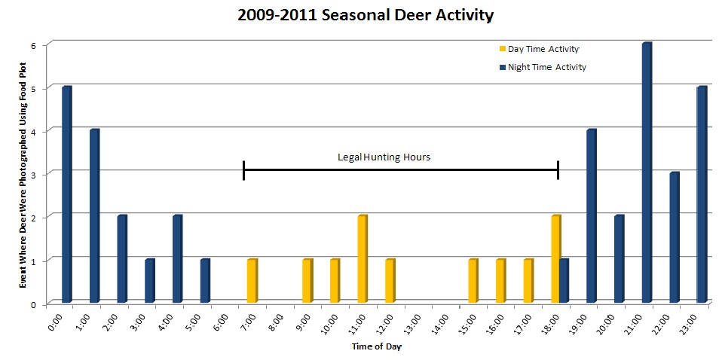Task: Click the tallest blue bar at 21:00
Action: (x=646, y=173)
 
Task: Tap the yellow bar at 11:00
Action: (x=362, y=259)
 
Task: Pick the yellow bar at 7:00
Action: (x=252, y=281)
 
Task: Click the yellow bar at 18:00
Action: (x=555, y=259)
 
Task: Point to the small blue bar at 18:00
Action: (x=564, y=281)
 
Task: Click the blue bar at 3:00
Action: (x=149, y=281)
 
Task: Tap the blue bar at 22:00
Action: (x=674, y=237)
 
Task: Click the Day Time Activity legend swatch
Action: (x=503, y=50)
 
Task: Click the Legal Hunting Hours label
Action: (x=383, y=157)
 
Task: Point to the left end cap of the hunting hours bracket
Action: (x=243, y=170)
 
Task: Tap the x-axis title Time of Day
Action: (x=377, y=346)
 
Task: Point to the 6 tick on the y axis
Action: (x=32, y=45)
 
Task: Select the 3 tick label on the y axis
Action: (x=32, y=174)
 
